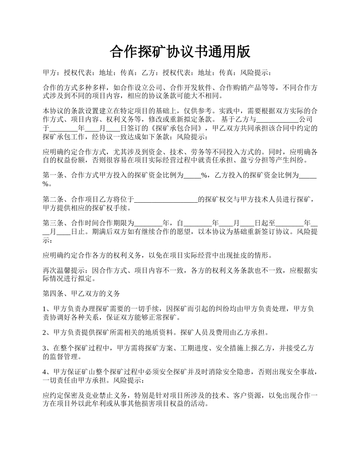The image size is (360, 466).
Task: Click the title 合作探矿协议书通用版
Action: click(x=180, y=52)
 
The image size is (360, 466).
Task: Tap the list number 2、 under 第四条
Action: click(x=47, y=333)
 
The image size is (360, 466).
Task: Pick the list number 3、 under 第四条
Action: click(x=47, y=348)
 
